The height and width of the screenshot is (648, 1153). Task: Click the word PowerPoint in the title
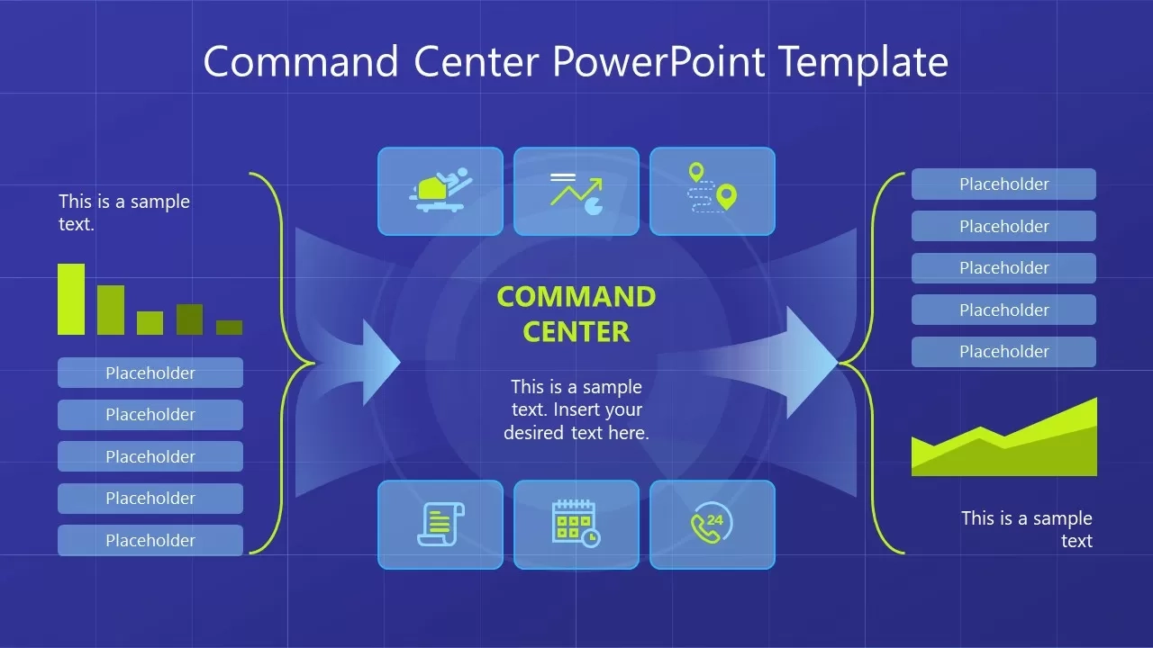click(658, 63)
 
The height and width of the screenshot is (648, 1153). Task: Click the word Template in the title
click(863, 63)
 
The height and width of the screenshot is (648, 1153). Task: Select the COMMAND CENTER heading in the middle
click(576, 314)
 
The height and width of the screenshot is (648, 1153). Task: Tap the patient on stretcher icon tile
click(440, 192)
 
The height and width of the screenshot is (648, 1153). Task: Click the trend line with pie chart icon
click(576, 192)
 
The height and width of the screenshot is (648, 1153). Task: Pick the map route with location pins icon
click(713, 192)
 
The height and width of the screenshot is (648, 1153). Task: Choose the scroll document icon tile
click(440, 525)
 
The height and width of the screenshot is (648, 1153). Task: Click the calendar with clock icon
click(576, 525)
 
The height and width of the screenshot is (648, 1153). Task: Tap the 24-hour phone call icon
click(713, 525)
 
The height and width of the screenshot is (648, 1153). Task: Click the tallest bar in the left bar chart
click(71, 299)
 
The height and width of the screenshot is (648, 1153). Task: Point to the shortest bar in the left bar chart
click(229, 328)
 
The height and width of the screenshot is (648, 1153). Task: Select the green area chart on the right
click(1004, 445)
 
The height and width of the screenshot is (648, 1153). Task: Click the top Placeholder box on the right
click(1003, 184)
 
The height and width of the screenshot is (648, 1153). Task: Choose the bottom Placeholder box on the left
click(150, 540)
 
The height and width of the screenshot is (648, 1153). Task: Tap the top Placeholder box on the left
click(150, 373)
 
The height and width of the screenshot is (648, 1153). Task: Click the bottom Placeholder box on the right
click(1003, 352)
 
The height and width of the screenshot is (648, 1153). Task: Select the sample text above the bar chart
click(124, 212)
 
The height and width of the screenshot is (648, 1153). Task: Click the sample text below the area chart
click(1027, 529)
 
